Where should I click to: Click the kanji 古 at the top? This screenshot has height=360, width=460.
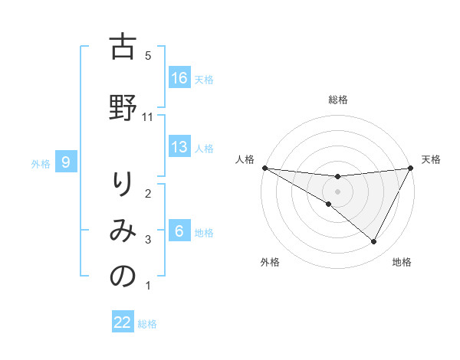(123, 47)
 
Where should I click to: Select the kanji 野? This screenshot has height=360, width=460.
(123, 108)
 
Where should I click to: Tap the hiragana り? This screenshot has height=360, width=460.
(123, 186)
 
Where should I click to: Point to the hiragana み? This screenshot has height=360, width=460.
(123, 231)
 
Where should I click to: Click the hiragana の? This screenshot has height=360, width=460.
(123, 277)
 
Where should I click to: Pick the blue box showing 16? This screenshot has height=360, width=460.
(179, 78)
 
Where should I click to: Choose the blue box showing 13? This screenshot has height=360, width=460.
(179, 147)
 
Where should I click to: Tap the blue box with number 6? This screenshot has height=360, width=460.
(179, 231)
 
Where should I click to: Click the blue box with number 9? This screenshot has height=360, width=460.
(67, 162)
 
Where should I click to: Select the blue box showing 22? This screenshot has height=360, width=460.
(123, 322)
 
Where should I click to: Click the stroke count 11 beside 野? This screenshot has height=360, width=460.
(149, 116)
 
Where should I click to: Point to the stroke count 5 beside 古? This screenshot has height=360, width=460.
(148, 56)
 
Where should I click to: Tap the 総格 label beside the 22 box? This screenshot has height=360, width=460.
(147, 324)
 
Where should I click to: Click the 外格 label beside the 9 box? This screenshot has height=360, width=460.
(41, 163)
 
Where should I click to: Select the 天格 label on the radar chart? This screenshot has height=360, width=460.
(431, 159)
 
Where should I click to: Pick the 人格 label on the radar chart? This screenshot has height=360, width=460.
(245, 159)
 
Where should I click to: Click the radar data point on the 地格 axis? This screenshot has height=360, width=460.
(374, 242)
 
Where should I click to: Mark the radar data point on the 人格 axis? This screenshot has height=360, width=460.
(264, 168)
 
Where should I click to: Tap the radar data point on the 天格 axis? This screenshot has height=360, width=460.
(410, 168)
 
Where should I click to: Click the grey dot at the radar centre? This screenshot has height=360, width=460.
(337, 191)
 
